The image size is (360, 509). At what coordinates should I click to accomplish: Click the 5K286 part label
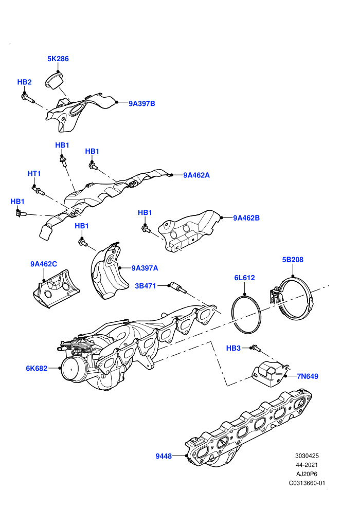pos(58,59)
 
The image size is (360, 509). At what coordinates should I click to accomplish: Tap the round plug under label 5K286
pos(54,81)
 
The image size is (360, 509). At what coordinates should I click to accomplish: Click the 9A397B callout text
pos(142,103)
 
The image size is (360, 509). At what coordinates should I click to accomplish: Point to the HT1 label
pos(34,174)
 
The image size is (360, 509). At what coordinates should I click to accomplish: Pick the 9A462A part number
pos(196,175)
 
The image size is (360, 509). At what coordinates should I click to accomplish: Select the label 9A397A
pos(145,268)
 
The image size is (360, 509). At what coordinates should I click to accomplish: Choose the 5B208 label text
pos(293,260)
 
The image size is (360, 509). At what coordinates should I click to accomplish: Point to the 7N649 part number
pos(308,376)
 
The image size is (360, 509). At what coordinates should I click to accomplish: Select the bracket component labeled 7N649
pos(270,373)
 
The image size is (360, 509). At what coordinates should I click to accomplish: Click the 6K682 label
pos(37,369)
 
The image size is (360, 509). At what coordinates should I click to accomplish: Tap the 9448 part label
pos(164,456)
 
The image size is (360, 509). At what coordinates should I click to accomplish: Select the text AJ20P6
pos(307,474)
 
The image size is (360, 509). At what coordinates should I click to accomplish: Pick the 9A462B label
pos(246,218)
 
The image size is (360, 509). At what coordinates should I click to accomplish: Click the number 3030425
pos(307,456)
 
